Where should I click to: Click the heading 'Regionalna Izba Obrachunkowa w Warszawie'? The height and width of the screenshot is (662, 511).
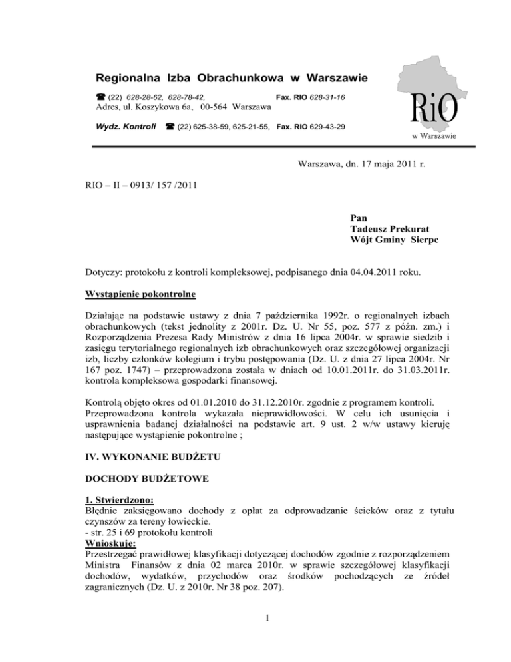232,79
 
